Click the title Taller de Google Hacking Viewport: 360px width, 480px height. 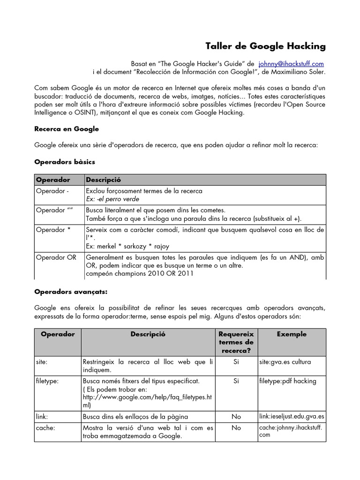point(265,46)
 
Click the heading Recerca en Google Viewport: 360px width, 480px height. point(67,128)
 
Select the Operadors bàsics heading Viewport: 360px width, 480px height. point(65,162)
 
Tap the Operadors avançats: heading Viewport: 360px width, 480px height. point(71,292)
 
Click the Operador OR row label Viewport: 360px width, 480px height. point(56,257)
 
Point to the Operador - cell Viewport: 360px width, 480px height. point(52,191)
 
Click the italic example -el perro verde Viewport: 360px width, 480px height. point(112,199)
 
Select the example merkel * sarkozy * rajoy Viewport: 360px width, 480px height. point(127,246)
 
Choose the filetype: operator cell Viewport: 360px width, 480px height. point(47,381)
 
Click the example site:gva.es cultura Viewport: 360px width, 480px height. point(285,362)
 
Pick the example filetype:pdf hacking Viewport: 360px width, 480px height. point(287,381)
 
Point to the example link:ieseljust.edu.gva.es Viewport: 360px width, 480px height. point(291,416)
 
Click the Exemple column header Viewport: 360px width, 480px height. point(292,334)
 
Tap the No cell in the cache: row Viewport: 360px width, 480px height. point(236,427)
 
